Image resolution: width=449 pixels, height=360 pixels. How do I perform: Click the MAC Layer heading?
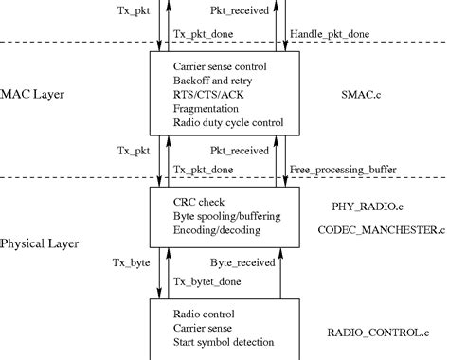[x=37, y=95]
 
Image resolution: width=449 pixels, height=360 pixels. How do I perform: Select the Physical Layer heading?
[x=40, y=243]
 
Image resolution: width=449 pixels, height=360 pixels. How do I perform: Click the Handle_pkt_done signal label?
[x=329, y=34]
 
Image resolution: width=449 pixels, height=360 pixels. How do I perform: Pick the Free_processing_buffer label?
[x=342, y=170]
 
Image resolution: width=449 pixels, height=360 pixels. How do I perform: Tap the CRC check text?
[x=199, y=202]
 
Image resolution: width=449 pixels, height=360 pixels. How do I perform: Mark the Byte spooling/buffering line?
[x=225, y=216]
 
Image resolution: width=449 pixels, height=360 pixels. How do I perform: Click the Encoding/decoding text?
[x=217, y=230]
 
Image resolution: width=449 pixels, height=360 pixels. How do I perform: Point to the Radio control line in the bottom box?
[x=206, y=314]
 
